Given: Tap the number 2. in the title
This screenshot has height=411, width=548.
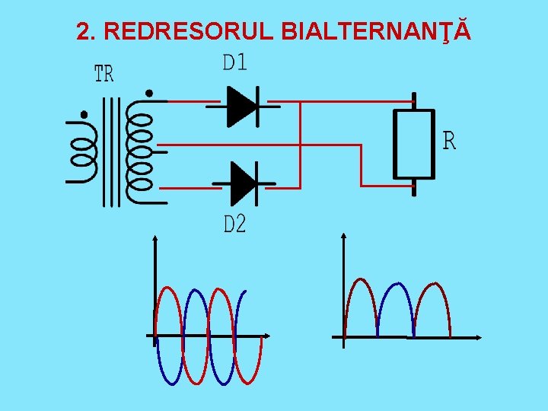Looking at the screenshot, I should (x=87, y=31).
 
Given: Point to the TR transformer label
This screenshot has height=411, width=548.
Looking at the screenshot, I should (x=104, y=74).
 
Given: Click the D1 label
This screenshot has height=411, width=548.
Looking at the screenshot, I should (x=234, y=62).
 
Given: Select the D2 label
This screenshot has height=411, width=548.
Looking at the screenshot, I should (x=234, y=225).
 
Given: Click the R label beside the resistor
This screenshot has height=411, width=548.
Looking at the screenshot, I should (x=450, y=141).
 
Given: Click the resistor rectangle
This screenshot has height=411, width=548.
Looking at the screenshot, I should (x=413, y=144).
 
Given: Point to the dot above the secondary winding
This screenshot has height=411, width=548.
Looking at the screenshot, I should (x=148, y=94).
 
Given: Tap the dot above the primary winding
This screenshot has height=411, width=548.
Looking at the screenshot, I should (x=83, y=116).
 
